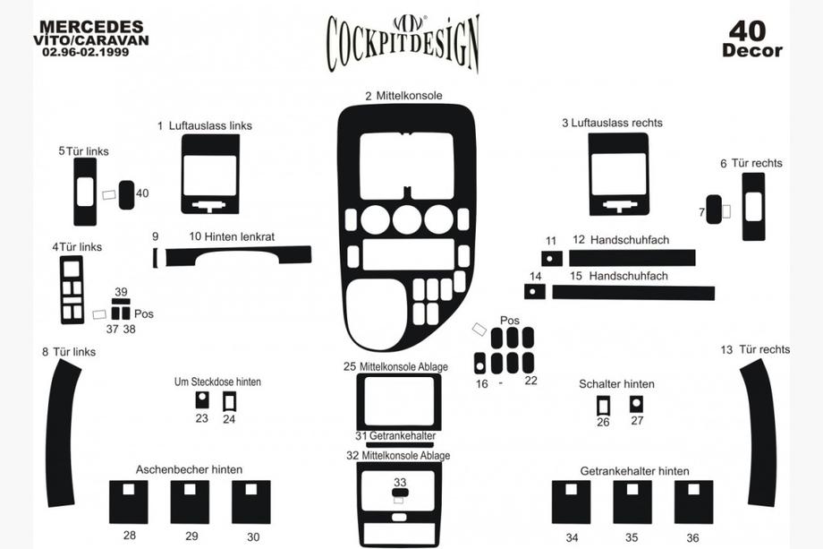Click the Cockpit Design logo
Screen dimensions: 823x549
click(403, 43)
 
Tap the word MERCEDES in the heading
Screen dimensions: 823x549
click(91, 26)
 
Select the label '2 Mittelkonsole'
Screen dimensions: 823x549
click(404, 96)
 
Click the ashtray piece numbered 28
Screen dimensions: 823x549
click(129, 502)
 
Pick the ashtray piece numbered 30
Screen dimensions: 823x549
click(251, 502)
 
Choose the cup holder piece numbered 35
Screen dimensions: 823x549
click(632, 502)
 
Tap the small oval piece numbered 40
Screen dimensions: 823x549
click(126, 195)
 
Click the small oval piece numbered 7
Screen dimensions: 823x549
click(714, 210)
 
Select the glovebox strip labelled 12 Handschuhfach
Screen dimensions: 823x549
click(632, 258)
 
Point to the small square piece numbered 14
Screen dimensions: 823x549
click(535, 292)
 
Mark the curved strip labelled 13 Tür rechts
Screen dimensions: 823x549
click(759, 433)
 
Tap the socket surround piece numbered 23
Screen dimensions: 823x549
click(202, 399)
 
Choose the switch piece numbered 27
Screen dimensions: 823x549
click(636, 404)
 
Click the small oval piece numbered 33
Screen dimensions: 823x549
click(400, 493)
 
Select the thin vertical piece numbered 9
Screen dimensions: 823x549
click(156, 257)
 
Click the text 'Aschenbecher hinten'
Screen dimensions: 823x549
click(189, 469)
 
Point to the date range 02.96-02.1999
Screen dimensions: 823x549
click(86, 52)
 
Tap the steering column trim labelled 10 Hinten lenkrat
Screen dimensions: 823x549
click(238, 255)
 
